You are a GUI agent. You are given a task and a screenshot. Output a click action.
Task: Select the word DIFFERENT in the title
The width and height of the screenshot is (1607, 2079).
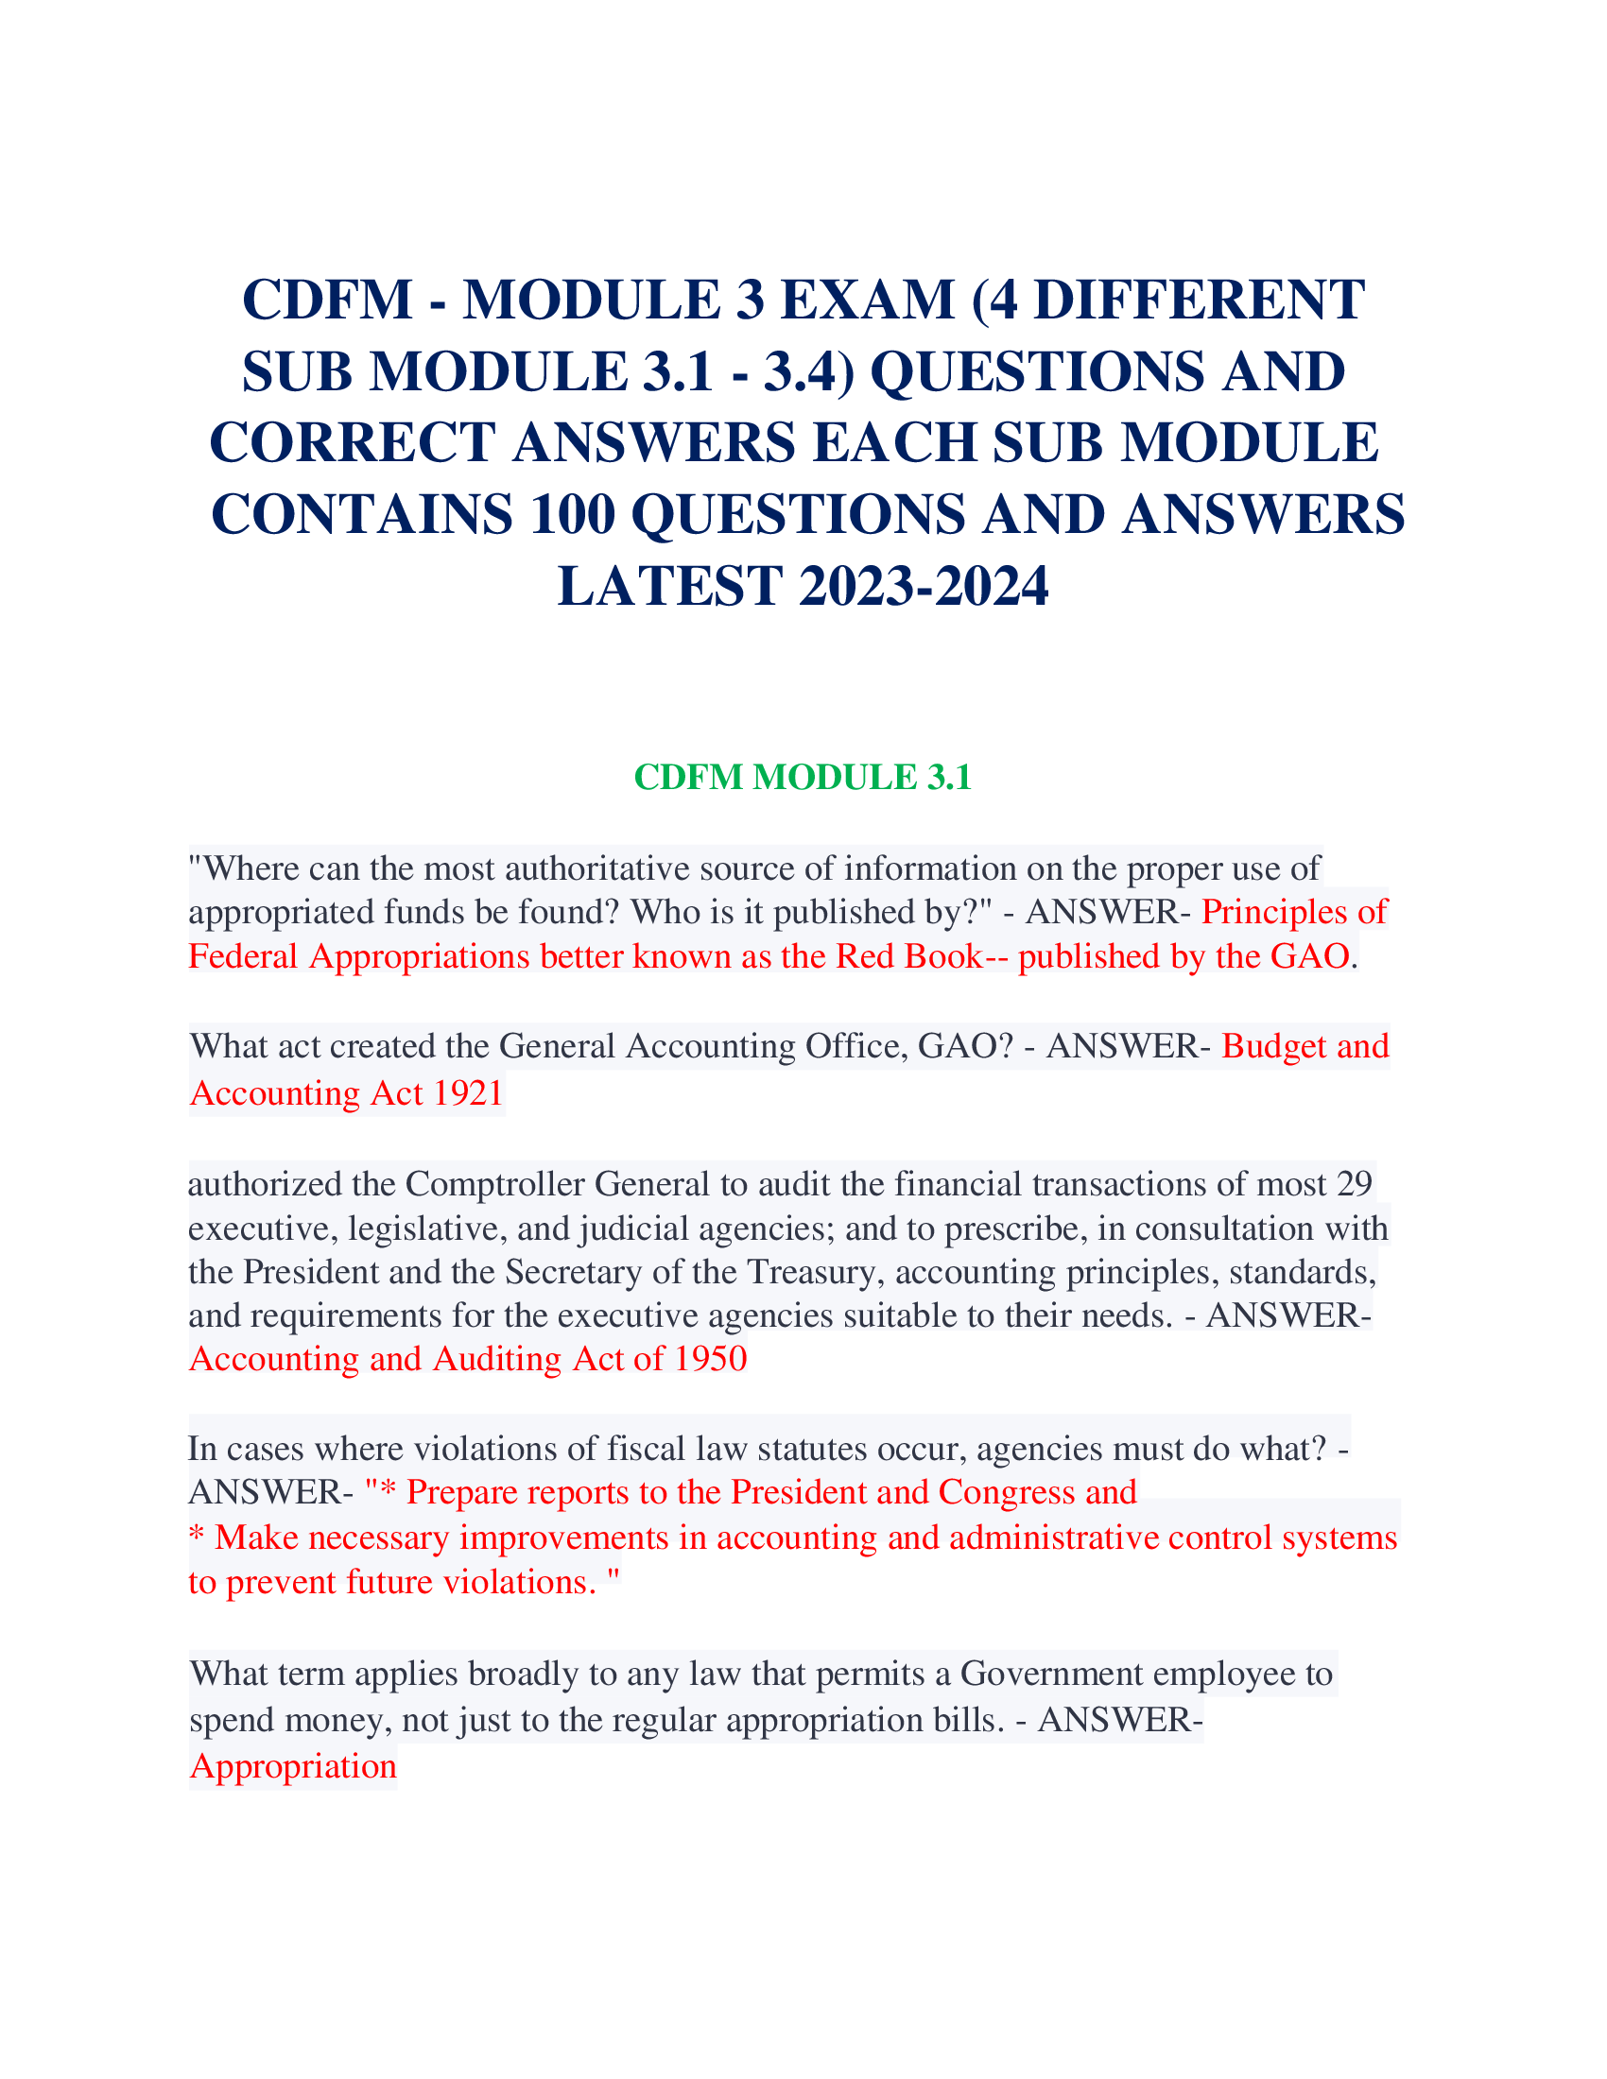[1200, 300]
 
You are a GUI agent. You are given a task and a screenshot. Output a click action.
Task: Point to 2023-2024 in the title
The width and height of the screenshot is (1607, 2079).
[924, 587]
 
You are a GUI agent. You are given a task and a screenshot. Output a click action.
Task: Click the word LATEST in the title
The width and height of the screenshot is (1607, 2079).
[669, 587]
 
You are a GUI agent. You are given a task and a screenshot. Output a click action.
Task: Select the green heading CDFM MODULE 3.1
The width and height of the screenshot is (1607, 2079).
[803, 778]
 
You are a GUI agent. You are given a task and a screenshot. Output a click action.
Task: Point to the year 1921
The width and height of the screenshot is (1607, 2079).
[467, 1092]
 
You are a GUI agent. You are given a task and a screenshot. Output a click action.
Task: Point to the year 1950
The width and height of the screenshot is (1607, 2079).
[710, 1358]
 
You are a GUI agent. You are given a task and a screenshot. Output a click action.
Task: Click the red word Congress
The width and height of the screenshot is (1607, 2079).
[1007, 1491]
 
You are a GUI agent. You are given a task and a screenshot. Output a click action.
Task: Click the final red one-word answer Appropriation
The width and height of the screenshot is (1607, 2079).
[293, 1767]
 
